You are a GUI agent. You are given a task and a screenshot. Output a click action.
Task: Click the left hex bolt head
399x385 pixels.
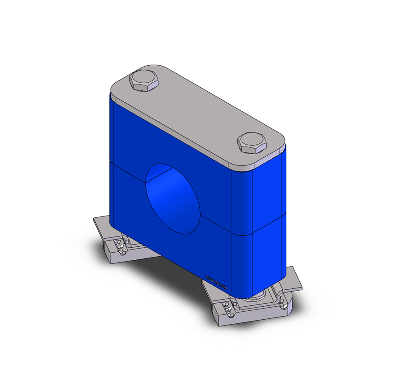(x=143, y=82)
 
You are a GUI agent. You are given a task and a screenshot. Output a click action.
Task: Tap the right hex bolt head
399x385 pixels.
(x=252, y=143)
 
